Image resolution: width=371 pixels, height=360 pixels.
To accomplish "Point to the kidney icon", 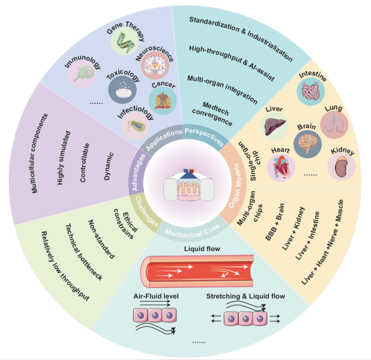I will [342, 167].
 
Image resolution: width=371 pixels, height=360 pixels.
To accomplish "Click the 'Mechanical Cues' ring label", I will [184, 232].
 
